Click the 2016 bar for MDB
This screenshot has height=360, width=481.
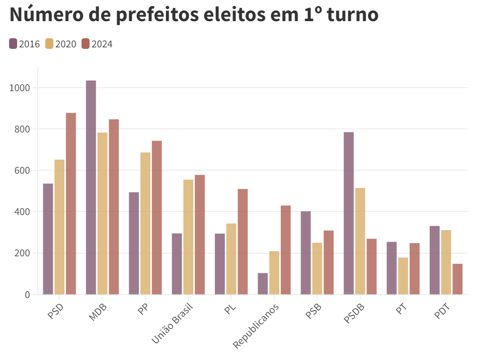click(x=91, y=187)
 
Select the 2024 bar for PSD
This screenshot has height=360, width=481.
click(x=71, y=203)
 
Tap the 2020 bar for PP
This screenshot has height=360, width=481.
click(x=145, y=223)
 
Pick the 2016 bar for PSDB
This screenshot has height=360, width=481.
click(x=349, y=213)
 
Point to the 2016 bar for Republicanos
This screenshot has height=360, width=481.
click(x=263, y=283)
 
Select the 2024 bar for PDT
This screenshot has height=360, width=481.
click(x=457, y=279)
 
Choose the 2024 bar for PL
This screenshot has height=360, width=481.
click(x=243, y=242)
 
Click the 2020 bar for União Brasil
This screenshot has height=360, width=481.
click(x=188, y=237)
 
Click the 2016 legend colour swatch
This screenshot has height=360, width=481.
click(x=13, y=44)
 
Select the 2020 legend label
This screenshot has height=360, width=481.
click(x=66, y=44)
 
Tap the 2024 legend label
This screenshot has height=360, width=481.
click(x=102, y=44)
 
